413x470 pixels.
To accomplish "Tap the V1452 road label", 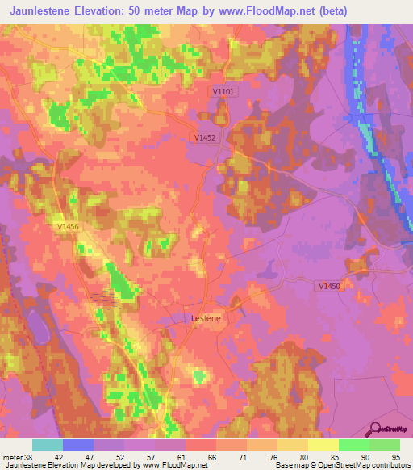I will coord(205,138).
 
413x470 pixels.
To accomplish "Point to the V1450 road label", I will coord(328,286).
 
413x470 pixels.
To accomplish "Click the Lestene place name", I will coord(205,318).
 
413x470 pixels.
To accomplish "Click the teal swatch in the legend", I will coord(48,445).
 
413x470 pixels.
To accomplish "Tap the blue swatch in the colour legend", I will coord(78,445).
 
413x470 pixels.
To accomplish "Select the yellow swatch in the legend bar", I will coord(323,445).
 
